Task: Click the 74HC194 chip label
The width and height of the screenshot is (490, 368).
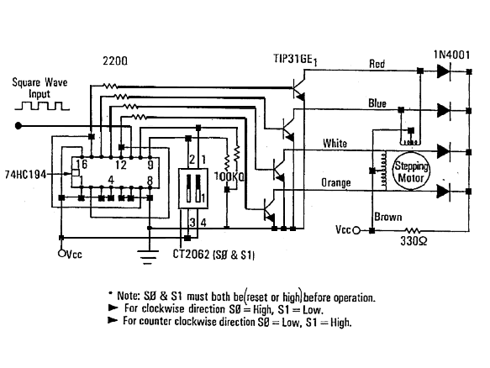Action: point(25,174)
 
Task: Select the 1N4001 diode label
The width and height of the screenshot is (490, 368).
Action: point(451,55)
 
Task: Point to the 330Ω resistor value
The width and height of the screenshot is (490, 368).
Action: point(414,241)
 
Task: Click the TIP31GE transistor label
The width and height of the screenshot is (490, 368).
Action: point(295,60)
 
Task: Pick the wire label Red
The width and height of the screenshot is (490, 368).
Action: point(377,64)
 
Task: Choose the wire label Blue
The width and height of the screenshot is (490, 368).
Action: point(377,103)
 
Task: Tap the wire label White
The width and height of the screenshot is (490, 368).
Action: point(335,144)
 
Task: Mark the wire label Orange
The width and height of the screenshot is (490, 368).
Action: point(336,182)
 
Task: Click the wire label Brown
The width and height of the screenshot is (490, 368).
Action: point(388,217)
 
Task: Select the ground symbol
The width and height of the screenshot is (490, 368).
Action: point(148,257)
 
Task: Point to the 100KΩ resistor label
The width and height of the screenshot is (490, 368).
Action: point(229,176)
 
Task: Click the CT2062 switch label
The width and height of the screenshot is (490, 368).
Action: point(213,255)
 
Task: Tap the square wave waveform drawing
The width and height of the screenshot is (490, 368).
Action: point(42,106)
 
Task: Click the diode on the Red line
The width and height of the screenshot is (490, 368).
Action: point(444,71)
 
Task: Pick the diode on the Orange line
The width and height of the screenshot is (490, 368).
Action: point(444,191)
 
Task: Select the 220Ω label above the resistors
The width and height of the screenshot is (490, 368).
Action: point(115,60)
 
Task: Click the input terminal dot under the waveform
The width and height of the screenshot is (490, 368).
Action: point(18,126)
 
